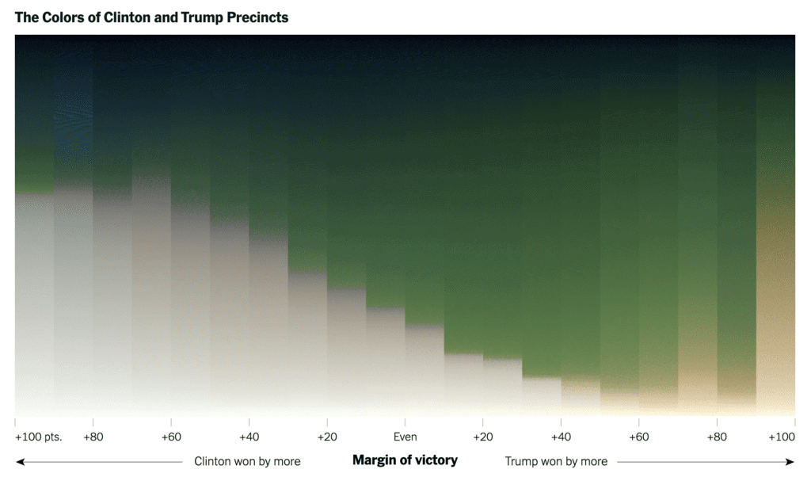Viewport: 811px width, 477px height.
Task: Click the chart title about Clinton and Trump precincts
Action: click(151, 17)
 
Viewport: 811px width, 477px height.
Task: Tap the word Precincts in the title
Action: click(257, 17)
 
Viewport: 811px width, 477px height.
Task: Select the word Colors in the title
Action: click(63, 17)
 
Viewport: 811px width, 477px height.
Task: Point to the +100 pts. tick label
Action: click(38, 437)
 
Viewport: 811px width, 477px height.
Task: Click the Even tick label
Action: click(405, 437)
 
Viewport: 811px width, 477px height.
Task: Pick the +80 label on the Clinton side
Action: click(93, 437)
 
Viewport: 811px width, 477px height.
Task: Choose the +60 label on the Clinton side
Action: click(171, 437)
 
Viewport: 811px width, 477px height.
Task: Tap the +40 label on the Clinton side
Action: click(249, 437)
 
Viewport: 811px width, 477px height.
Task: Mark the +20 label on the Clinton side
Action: click(327, 437)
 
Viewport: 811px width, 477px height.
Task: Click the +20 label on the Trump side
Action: click(482, 437)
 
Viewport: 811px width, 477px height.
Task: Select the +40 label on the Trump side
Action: click(561, 437)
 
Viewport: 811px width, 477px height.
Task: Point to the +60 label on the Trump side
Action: click(638, 437)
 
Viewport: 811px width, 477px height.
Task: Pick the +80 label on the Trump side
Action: click(717, 437)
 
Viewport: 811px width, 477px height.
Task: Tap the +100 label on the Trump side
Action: click(781, 437)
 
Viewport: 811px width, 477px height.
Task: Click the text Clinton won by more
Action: click(247, 461)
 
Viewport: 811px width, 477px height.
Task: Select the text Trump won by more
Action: click(556, 461)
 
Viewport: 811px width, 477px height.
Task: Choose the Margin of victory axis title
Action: click(405, 460)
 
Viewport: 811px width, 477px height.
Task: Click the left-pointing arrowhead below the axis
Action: click(19, 461)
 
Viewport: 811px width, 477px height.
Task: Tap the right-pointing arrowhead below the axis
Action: click(790, 461)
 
